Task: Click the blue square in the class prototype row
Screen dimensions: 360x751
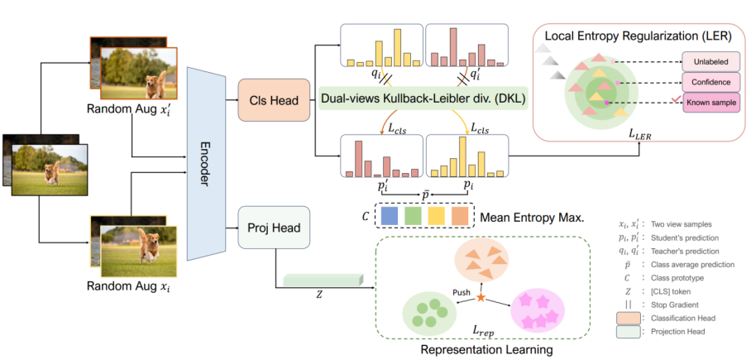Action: (x=393, y=215)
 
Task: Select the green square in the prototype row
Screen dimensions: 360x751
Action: (x=415, y=215)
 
